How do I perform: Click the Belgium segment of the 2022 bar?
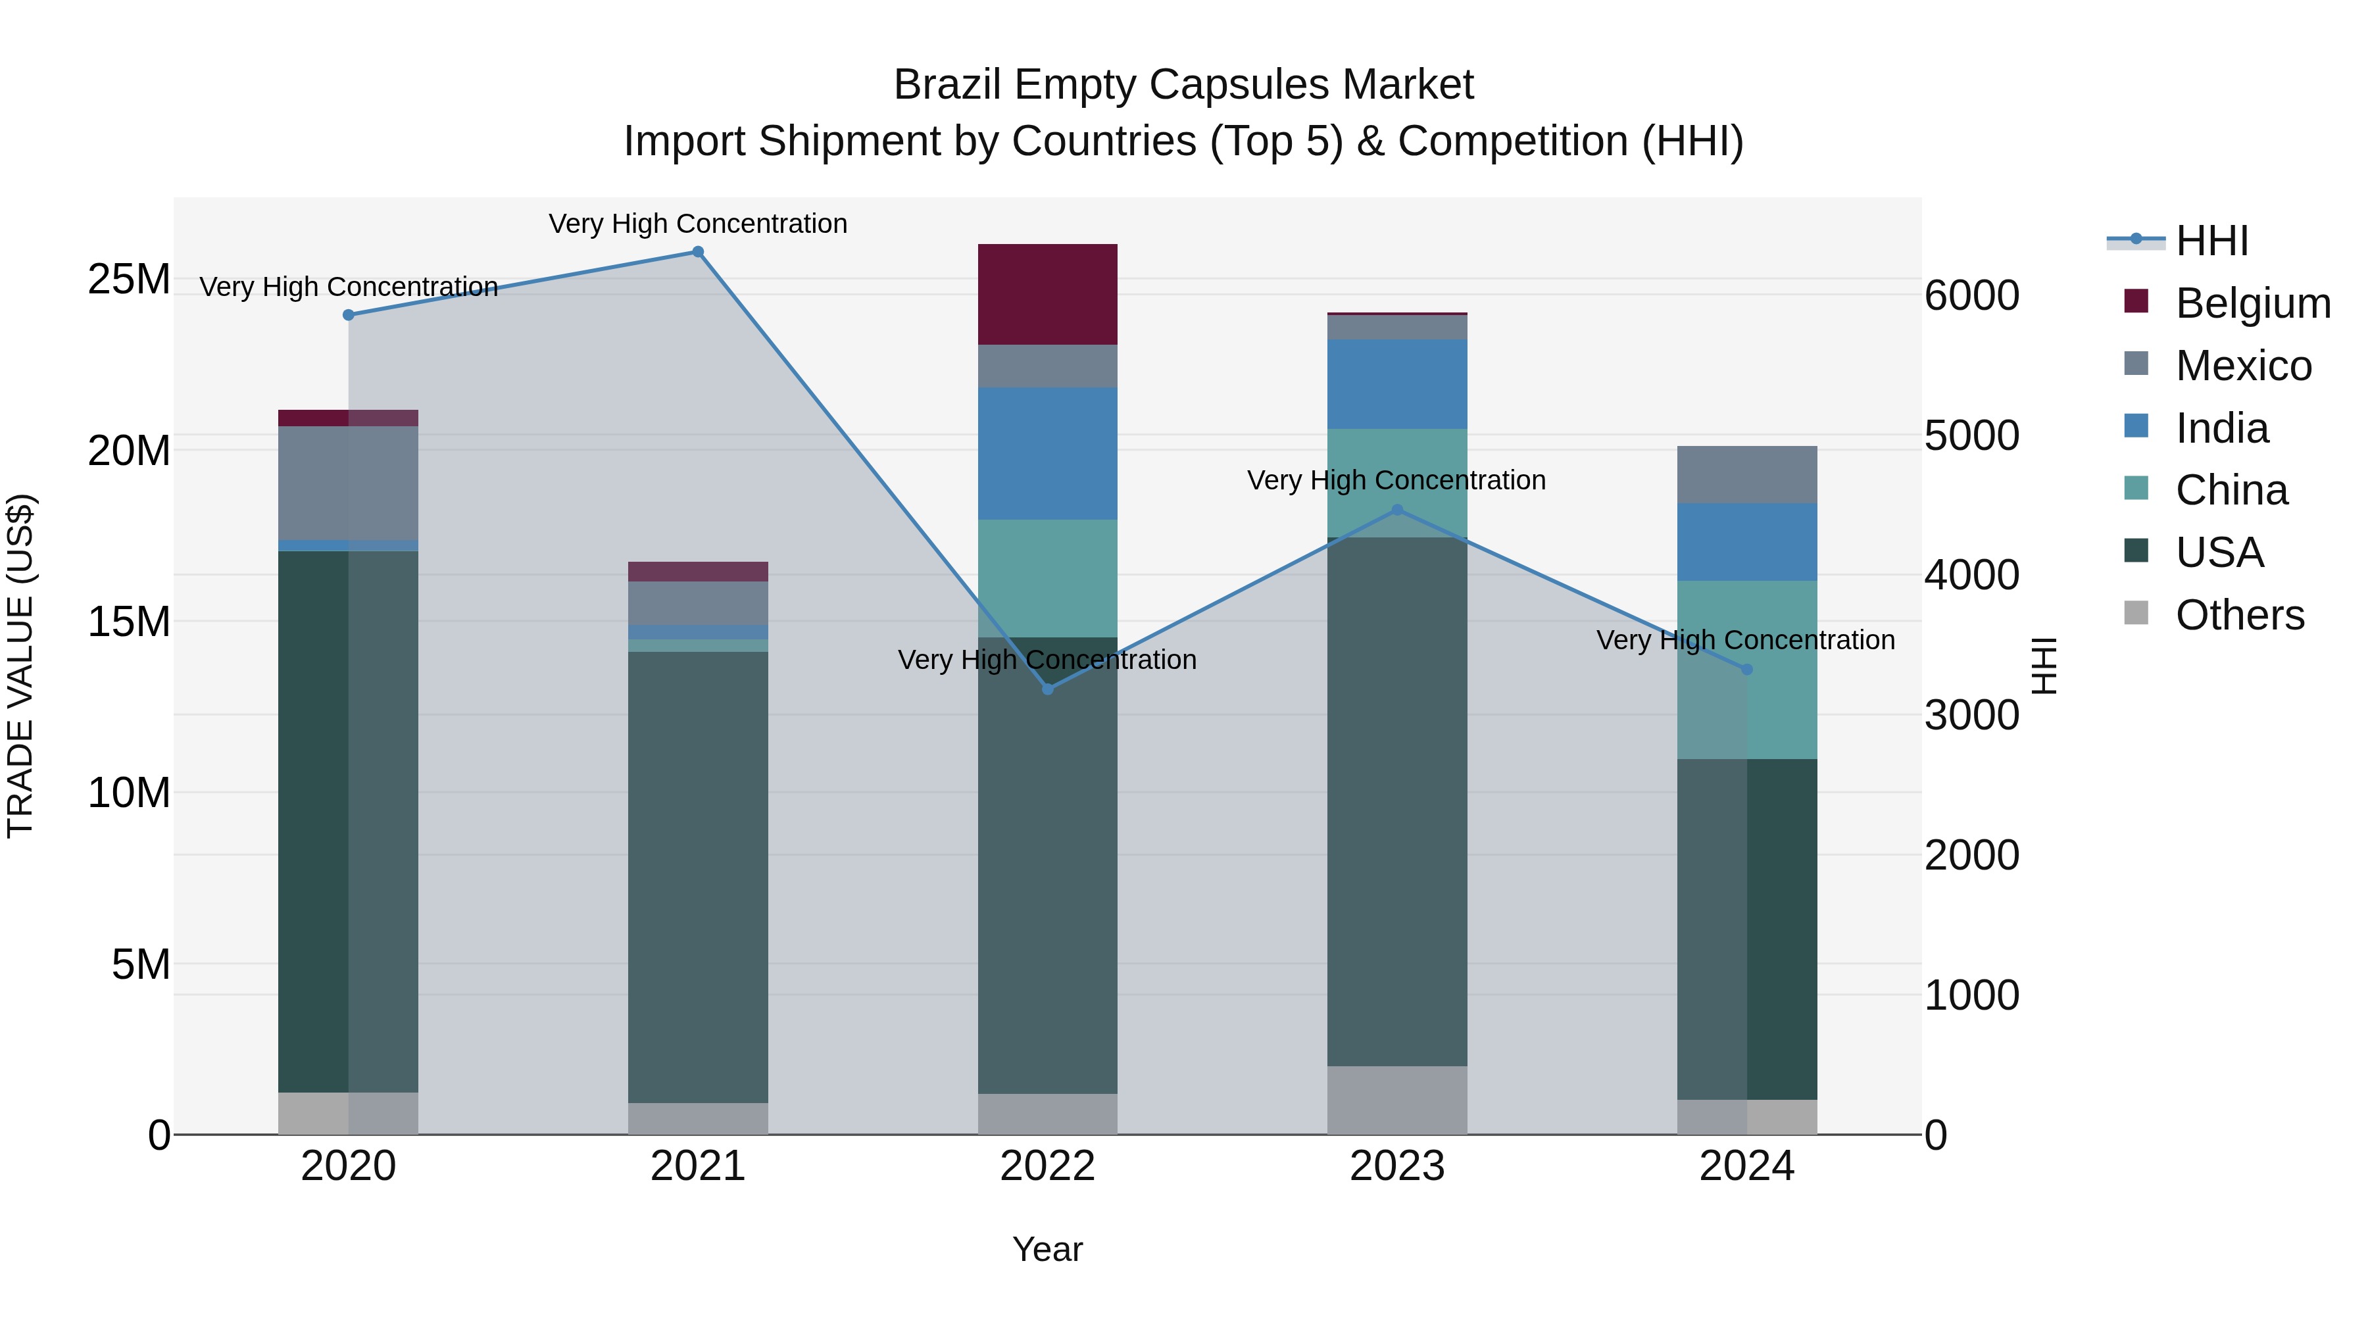tap(1047, 294)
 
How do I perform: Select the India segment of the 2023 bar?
tap(1396, 383)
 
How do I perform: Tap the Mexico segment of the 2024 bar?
tap(1746, 474)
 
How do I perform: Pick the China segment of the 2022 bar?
tap(1047, 578)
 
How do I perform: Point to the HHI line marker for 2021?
tap(698, 252)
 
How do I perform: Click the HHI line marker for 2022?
tap(1047, 689)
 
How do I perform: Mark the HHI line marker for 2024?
tap(1746, 669)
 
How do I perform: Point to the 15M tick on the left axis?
tap(129, 622)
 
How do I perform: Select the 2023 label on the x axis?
tap(1396, 1166)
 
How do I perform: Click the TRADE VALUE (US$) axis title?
tap(20, 666)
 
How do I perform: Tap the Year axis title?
tap(1047, 1249)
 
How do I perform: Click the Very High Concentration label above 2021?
tap(698, 224)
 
